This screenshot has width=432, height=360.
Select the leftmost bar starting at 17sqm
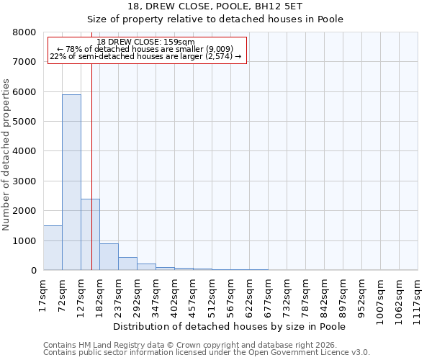click(x=53, y=248)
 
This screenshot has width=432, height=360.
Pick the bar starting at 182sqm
click(x=109, y=256)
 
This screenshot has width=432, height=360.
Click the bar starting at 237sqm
click(x=127, y=264)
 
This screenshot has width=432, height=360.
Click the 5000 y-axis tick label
click(x=26, y=122)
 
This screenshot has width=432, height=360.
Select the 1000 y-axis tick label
click(x=26, y=240)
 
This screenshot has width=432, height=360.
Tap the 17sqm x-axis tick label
click(x=43, y=296)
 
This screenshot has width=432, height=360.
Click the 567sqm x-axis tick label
click(x=230, y=296)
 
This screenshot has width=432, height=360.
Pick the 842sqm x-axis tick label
click(x=324, y=296)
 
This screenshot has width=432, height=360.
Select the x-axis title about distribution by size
click(x=230, y=327)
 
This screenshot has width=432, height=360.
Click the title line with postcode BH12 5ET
click(x=215, y=6)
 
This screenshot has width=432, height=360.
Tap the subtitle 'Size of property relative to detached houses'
click(x=215, y=19)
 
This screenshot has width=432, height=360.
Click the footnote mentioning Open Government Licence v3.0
click(x=207, y=353)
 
